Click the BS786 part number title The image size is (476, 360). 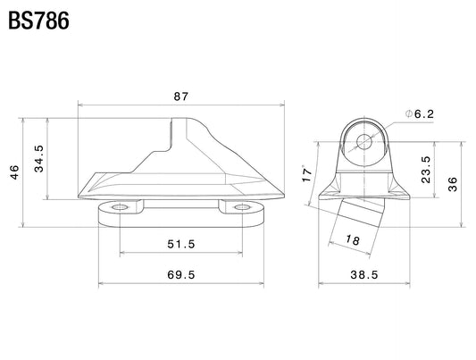39,21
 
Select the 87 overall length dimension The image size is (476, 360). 181,96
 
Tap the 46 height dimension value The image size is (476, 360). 14,172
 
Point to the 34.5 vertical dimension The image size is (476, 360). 39,159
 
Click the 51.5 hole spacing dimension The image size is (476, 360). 181,244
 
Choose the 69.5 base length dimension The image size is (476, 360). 181,275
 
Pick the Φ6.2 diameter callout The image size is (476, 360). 420,114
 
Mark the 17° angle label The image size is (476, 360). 307,173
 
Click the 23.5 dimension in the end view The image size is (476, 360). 426,170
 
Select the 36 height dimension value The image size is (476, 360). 453,184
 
